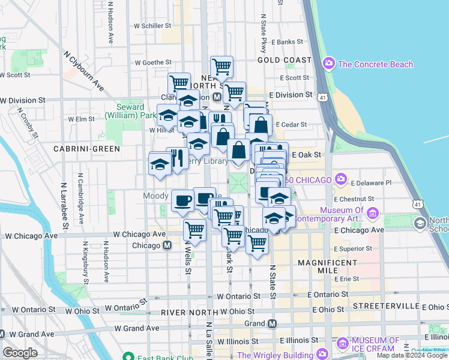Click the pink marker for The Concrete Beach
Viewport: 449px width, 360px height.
click(328, 64)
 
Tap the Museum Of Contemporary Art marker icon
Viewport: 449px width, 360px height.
click(373, 213)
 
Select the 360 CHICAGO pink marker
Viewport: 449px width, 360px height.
click(342, 179)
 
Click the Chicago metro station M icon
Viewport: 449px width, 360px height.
click(167, 245)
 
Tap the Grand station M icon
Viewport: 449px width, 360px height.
click(272, 323)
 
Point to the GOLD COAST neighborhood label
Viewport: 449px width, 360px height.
click(285, 60)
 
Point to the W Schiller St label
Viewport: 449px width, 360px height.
click(152, 26)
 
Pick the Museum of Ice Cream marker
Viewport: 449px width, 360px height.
click(343, 343)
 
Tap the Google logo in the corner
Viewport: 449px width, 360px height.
click(20, 352)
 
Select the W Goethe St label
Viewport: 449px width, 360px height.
click(153, 62)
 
